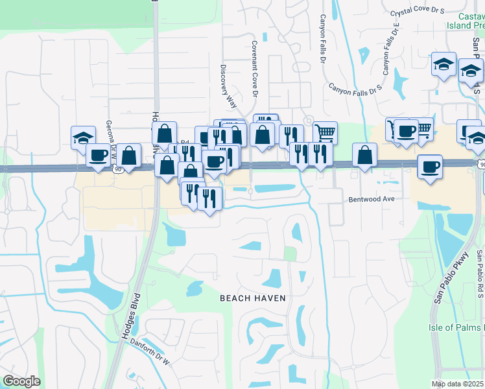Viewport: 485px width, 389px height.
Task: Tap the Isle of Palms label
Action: click(x=456, y=327)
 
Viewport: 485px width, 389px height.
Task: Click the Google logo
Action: click(x=21, y=381)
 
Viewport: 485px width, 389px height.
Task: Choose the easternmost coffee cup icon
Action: click(x=430, y=167)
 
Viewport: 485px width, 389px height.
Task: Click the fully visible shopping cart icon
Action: click(x=325, y=133)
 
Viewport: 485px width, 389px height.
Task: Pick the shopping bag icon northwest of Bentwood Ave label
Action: click(x=365, y=155)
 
